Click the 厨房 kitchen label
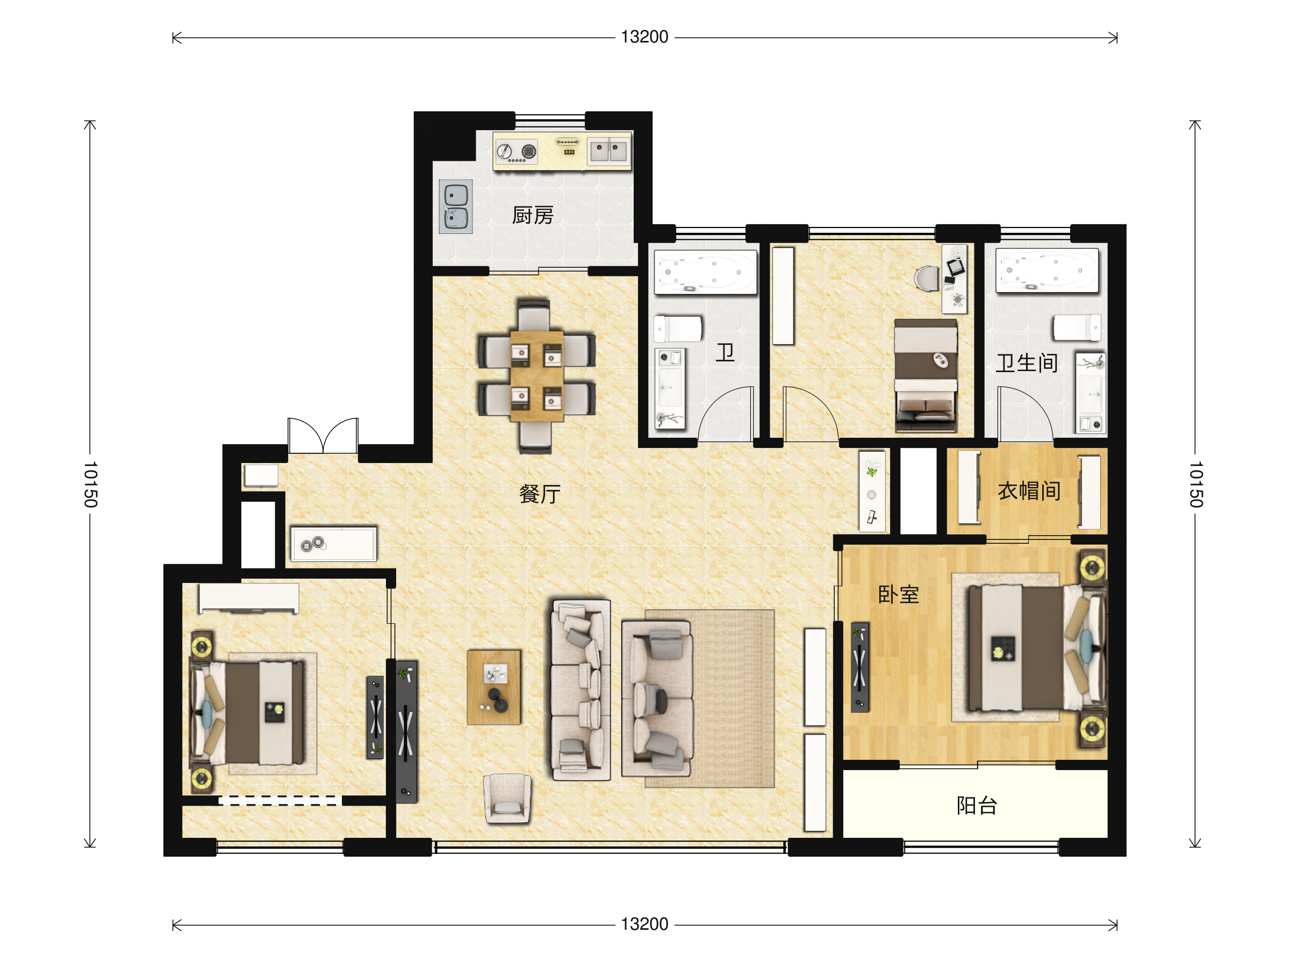click(533, 215)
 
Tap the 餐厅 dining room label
click(540, 494)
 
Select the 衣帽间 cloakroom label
click(1029, 490)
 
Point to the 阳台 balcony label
click(977, 805)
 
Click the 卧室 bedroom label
click(899, 595)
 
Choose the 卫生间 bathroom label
click(1027, 363)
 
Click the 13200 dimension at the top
click(644, 37)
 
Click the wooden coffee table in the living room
click(493, 687)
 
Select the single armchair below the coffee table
click(507, 798)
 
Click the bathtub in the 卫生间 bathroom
click(1047, 270)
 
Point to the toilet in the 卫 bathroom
click(678, 329)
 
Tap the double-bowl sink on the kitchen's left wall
click(455, 206)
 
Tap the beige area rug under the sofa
click(709, 699)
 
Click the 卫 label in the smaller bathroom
click(725, 352)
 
